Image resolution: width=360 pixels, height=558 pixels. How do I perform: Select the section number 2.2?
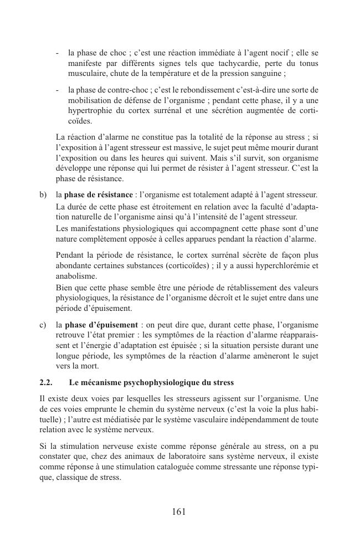pos(46,382)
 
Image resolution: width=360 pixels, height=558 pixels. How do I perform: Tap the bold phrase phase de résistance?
pos(99,194)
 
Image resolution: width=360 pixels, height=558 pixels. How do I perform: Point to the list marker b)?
pos(43,194)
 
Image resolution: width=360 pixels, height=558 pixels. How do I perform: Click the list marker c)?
pos(43,324)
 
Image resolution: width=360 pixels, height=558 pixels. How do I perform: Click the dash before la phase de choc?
pos(58,53)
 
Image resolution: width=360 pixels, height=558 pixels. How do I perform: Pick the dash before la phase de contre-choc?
pos(58,89)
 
